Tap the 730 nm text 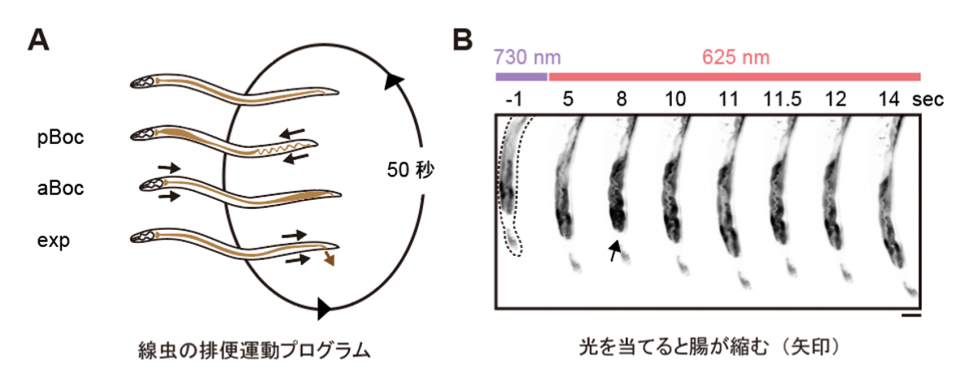[x=526, y=58]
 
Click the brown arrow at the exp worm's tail [x=329, y=259]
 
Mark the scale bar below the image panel [x=911, y=316]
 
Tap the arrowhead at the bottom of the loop [x=324, y=308]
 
